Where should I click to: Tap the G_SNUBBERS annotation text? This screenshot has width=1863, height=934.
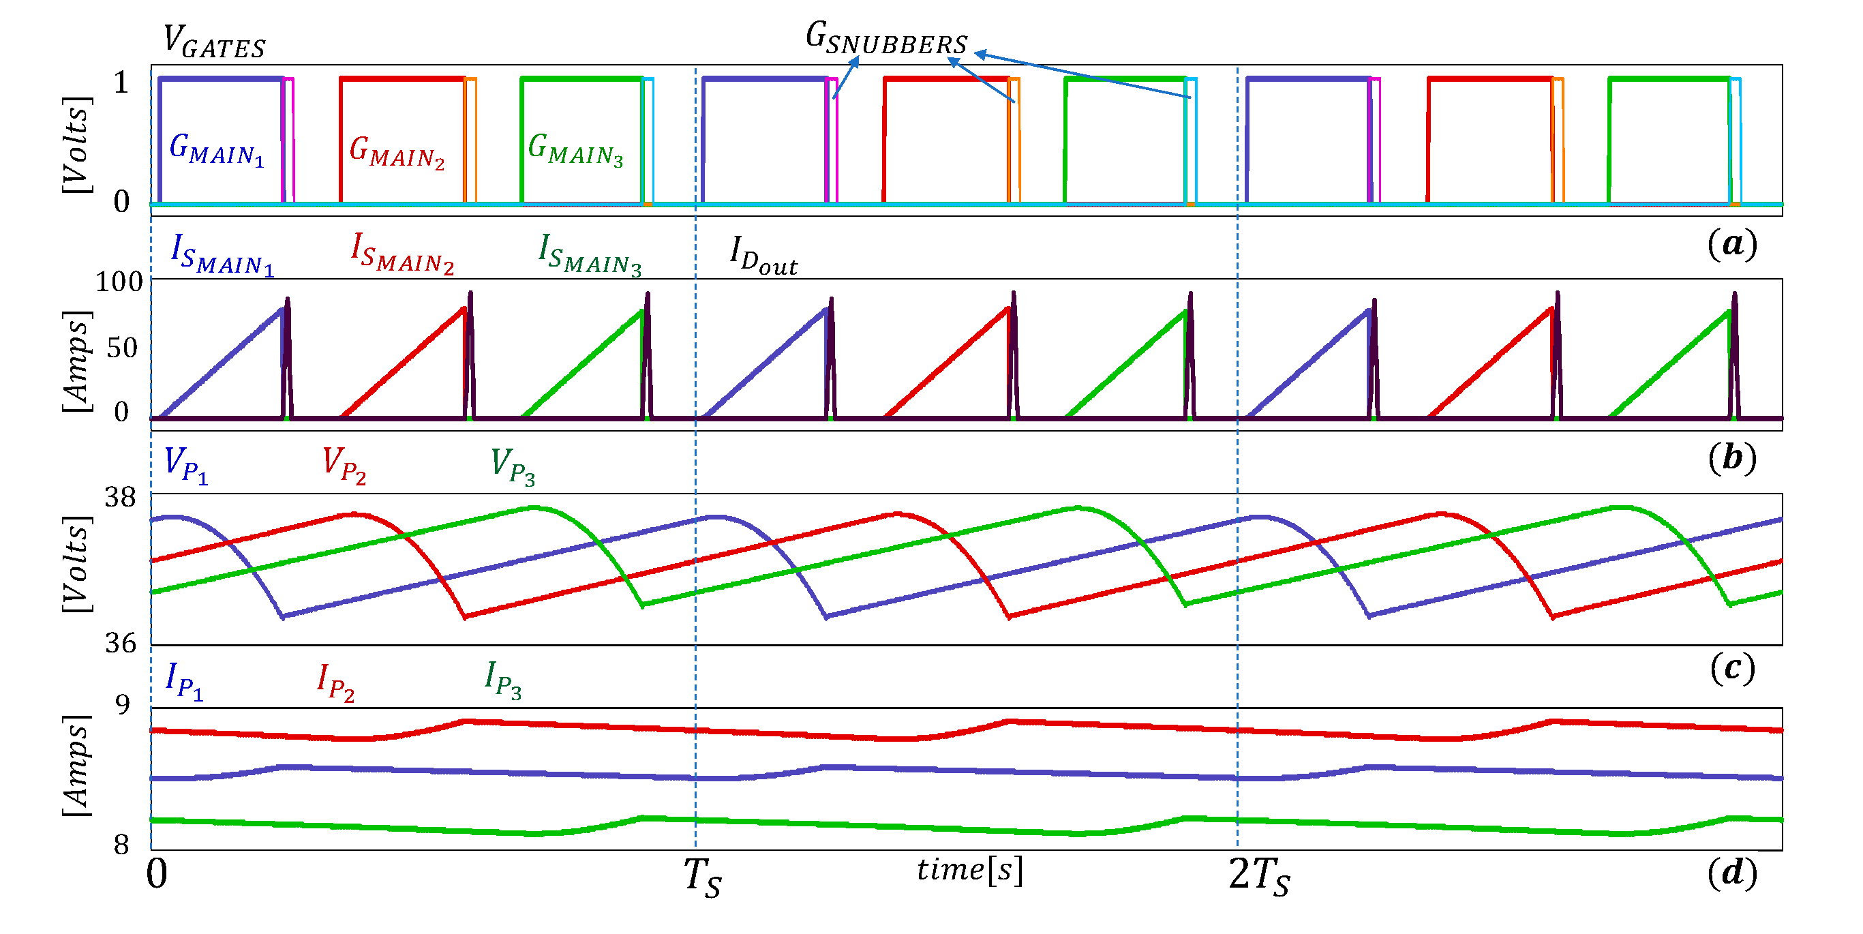pyautogui.click(x=886, y=38)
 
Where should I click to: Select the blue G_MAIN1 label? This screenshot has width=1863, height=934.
pyautogui.click(x=216, y=150)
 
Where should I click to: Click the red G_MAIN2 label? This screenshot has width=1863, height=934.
pyautogui.click(x=396, y=152)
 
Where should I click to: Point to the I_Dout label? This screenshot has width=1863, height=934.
pyautogui.click(x=763, y=256)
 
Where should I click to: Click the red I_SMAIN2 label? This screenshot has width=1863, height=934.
pyautogui.click(x=402, y=254)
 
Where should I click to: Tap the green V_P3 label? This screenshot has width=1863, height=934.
pyautogui.click(x=512, y=465)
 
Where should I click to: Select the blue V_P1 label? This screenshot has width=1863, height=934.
pyautogui.click(x=186, y=464)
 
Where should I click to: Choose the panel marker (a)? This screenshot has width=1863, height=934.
pyautogui.click(x=1731, y=244)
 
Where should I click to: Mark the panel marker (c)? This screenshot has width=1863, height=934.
pyautogui.click(x=1732, y=667)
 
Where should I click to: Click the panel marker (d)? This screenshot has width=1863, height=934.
pyautogui.click(x=1732, y=873)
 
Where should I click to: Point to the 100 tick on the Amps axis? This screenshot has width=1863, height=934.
pyautogui.click(x=119, y=282)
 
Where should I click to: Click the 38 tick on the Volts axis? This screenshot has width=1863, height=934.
pyautogui.click(x=120, y=497)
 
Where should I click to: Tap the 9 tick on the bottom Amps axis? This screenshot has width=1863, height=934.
pyautogui.click(x=123, y=704)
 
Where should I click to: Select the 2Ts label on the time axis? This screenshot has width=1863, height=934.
pyautogui.click(x=1259, y=876)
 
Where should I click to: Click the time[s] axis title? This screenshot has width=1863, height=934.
pyautogui.click(x=969, y=870)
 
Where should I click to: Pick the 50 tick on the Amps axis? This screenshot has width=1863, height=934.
pyautogui.click(x=121, y=348)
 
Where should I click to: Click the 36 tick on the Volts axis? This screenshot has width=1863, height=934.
pyautogui.click(x=120, y=643)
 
